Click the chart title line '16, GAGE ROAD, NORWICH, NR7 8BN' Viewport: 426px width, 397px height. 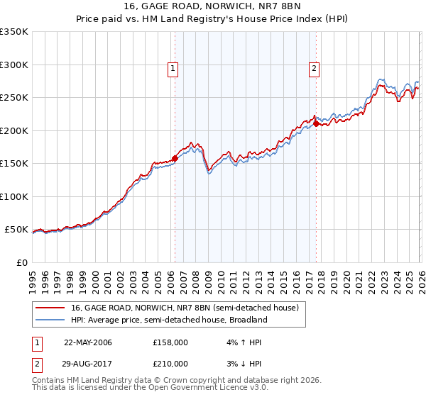coord(212,7)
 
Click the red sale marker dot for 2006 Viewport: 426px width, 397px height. coord(175,159)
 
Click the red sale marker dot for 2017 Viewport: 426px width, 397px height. coord(316,124)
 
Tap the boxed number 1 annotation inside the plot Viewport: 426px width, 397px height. coord(173,69)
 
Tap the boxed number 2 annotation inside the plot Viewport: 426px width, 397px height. coord(314,69)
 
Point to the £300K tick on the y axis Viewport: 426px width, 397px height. coord(14,65)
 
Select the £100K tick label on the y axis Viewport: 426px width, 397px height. coord(14,196)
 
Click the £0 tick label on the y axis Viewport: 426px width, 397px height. coord(21,262)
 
